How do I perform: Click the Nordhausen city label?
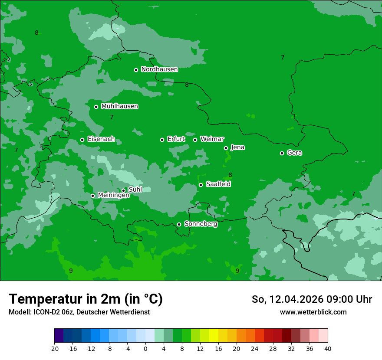coord(159,69)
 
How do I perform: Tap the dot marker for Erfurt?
coord(162,140)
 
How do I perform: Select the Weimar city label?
coord(212,139)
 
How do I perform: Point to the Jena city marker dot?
coord(226,148)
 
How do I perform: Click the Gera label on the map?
coord(294,153)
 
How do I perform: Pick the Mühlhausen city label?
coord(119,106)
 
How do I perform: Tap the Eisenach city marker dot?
coord(82,140)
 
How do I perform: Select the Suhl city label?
coord(135,190)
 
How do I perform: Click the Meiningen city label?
coord(113,195)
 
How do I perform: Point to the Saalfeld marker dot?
coord(201,185)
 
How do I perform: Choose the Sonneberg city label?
coord(201,224)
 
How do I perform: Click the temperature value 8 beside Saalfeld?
coord(230,175)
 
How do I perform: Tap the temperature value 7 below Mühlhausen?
coord(112,117)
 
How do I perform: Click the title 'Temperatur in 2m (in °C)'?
coord(86,299)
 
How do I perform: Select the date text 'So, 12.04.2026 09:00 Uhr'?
coord(312,299)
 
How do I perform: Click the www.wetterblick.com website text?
coord(313,312)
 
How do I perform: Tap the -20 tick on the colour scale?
coord(54,348)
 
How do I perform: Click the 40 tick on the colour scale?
coord(327,348)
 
